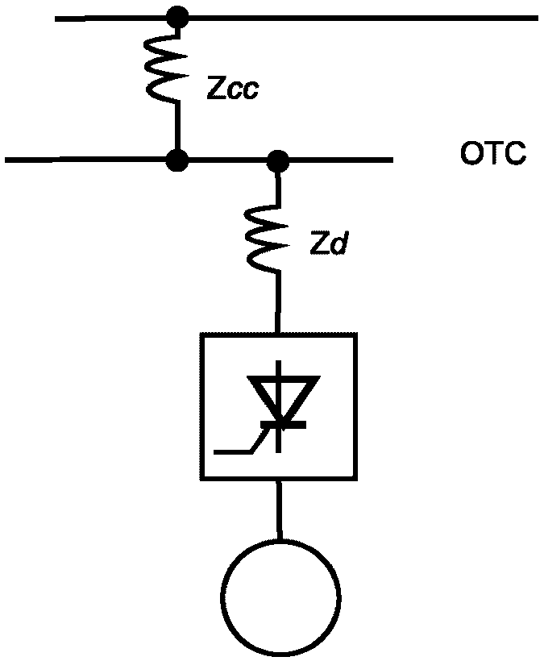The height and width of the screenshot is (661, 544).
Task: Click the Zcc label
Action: click(x=232, y=88)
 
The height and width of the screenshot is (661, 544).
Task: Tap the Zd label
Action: click(x=328, y=244)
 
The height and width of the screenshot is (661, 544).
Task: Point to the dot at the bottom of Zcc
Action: click(x=176, y=160)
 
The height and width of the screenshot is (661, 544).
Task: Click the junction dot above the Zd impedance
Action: click(x=279, y=160)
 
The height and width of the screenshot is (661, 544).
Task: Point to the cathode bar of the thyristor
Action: click(x=280, y=422)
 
